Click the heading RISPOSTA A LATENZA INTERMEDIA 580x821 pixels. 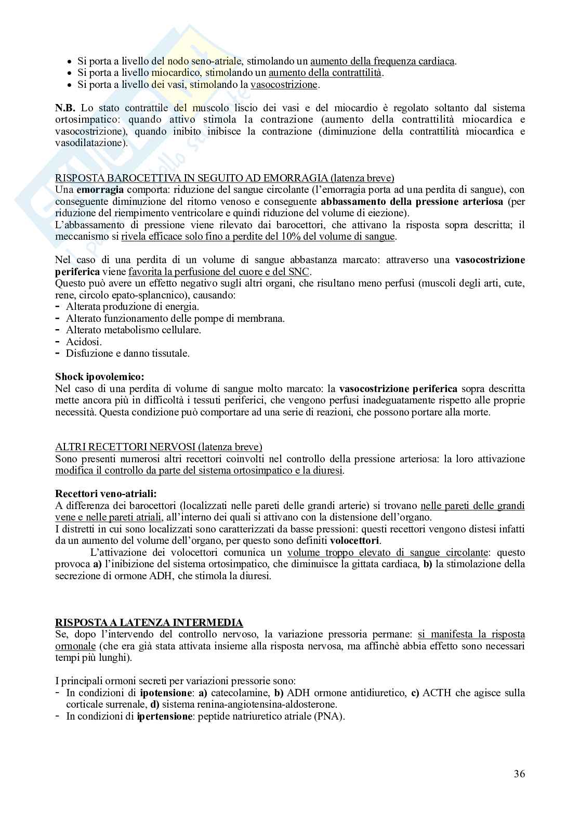click(x=149, y=622)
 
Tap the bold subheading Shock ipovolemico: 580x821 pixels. click(x=100, y=376)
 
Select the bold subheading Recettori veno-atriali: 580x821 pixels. click(x=106, y=493)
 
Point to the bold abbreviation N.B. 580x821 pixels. click(x=65, y=108)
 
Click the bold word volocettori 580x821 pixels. click(x=354, y=540)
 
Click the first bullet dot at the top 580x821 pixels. click(x=70, y=61)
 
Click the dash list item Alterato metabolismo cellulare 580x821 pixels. click(x=134, y=330)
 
